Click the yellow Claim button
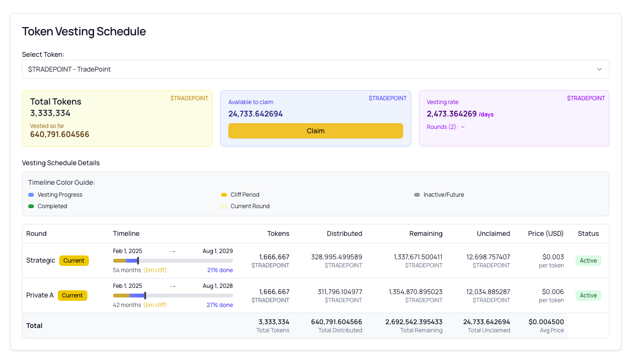coord(315,131)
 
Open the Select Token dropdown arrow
coord(599,69)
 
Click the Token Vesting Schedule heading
coord(84,32)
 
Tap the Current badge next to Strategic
coord(74,261)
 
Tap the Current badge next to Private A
coord(73,296)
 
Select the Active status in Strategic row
coord(588,261)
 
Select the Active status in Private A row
coord(588,296)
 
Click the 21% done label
coord(220,270)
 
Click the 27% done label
coord(220,305)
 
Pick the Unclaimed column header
coord(493,233)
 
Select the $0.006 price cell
coord(553,292)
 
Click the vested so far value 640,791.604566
coord(60,135)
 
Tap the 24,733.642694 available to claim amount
coord(256,114)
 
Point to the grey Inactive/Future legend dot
coord(417,195)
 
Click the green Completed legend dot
coord(31,206)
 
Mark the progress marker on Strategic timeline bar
coord(138,261)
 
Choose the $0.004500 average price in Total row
coord(546,322)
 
